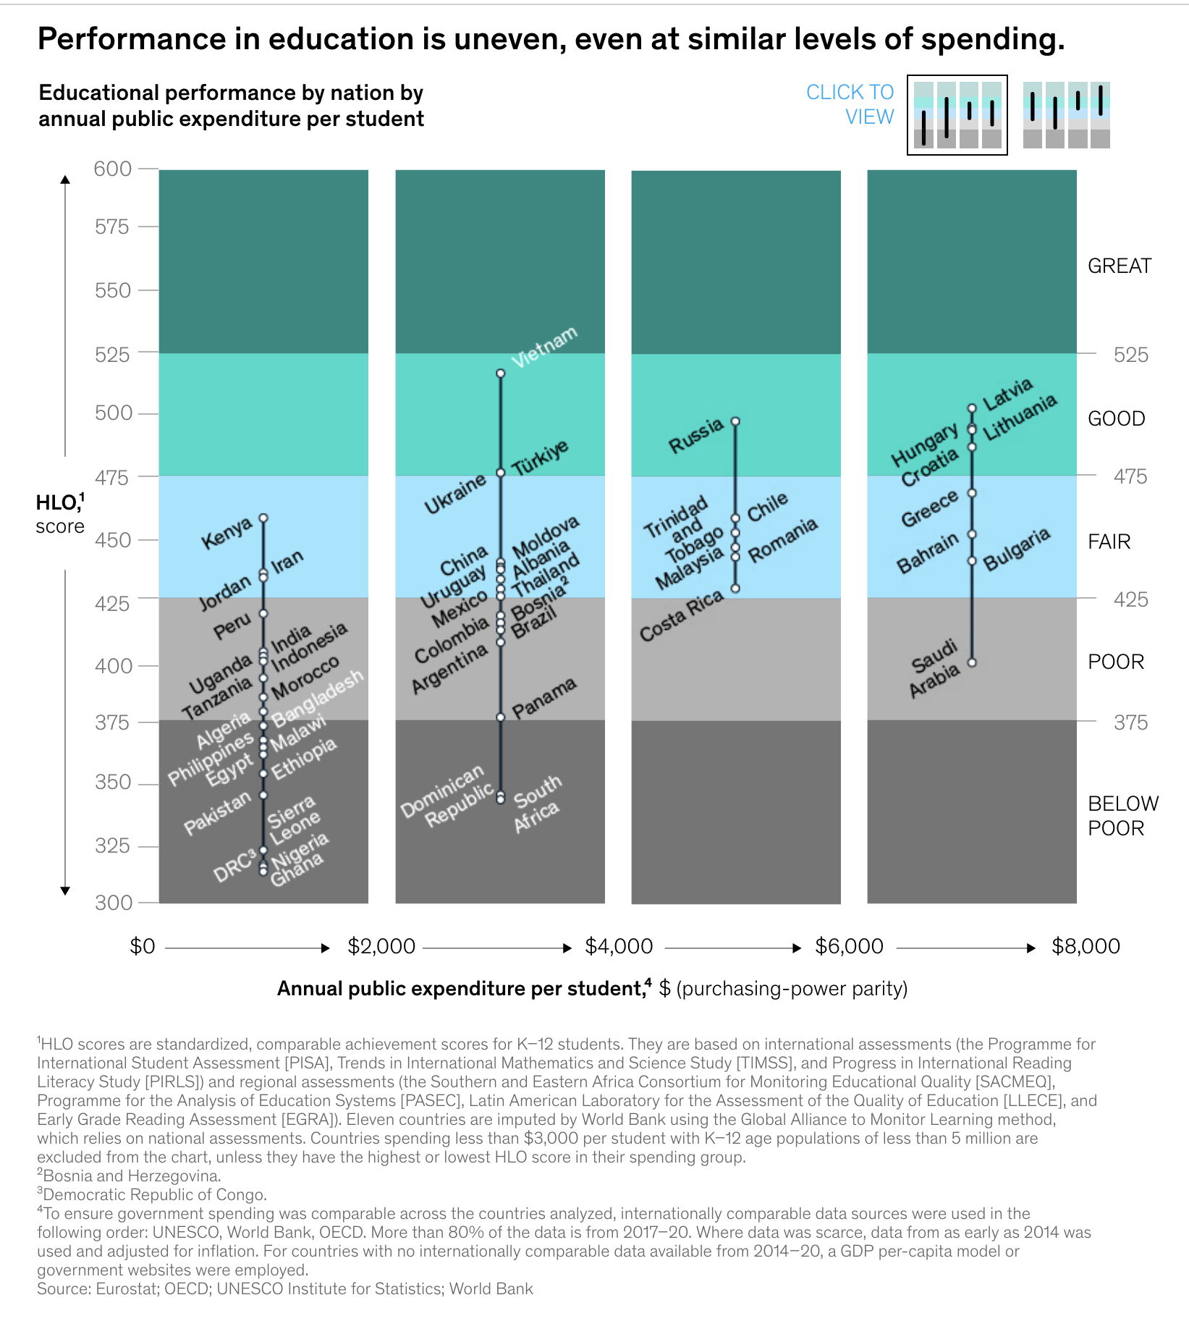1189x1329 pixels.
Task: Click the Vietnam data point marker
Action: click(500, 374)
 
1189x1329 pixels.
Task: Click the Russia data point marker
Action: click(735, 421)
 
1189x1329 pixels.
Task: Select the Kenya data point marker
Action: click(263, 518)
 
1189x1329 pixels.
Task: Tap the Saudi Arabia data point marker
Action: click(972, 662)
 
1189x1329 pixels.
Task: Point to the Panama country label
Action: click(544, 698)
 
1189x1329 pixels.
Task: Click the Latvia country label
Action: click(1008, 393)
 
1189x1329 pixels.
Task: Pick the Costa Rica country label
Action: click(681, 615)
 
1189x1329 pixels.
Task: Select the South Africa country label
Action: click(536, 803)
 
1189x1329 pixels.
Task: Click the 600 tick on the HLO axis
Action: click(113, 169)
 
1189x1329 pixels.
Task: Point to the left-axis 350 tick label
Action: click(113, 782)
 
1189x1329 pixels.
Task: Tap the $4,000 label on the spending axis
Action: click(619, 946)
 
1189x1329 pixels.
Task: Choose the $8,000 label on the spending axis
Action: click(1086, 946)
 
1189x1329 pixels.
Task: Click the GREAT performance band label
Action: click(1119, 266)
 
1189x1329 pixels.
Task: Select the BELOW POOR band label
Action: click(1122, 816)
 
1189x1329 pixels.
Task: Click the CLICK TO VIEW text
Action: click(850, 104)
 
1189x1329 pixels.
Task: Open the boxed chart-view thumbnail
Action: click(957, 115)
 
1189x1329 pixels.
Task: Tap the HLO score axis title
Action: click(60, 514)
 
